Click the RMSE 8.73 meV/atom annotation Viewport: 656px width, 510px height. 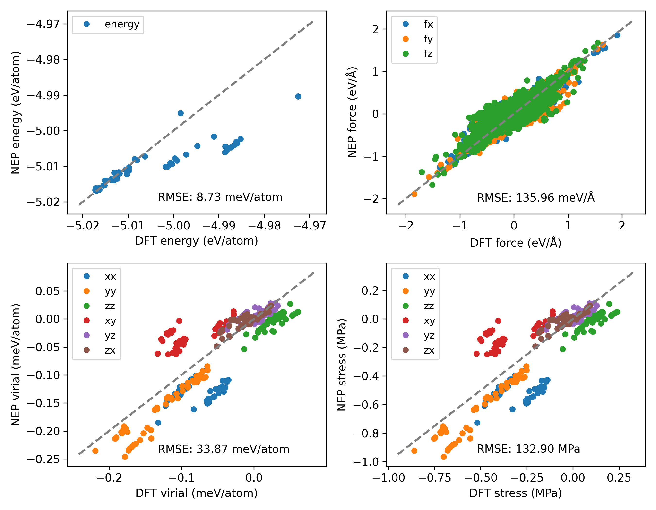point(220,197)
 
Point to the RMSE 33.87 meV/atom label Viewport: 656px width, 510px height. point(224,449)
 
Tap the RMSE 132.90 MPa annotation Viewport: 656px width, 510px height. point(528,449)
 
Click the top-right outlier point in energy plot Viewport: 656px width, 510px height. point(298,96)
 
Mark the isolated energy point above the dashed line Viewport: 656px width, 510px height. point(181,113)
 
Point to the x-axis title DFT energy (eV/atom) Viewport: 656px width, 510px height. point(197,241)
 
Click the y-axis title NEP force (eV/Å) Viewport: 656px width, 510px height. point(352,112)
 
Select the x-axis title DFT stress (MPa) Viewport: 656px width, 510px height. point(515,493)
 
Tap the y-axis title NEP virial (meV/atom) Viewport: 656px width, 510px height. point(15,365)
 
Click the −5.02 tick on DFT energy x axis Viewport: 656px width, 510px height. point(83,225)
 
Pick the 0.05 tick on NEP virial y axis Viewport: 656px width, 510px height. point(47,291)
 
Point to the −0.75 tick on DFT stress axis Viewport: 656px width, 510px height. point(434,478)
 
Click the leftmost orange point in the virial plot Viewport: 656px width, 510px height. point(95,451)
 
